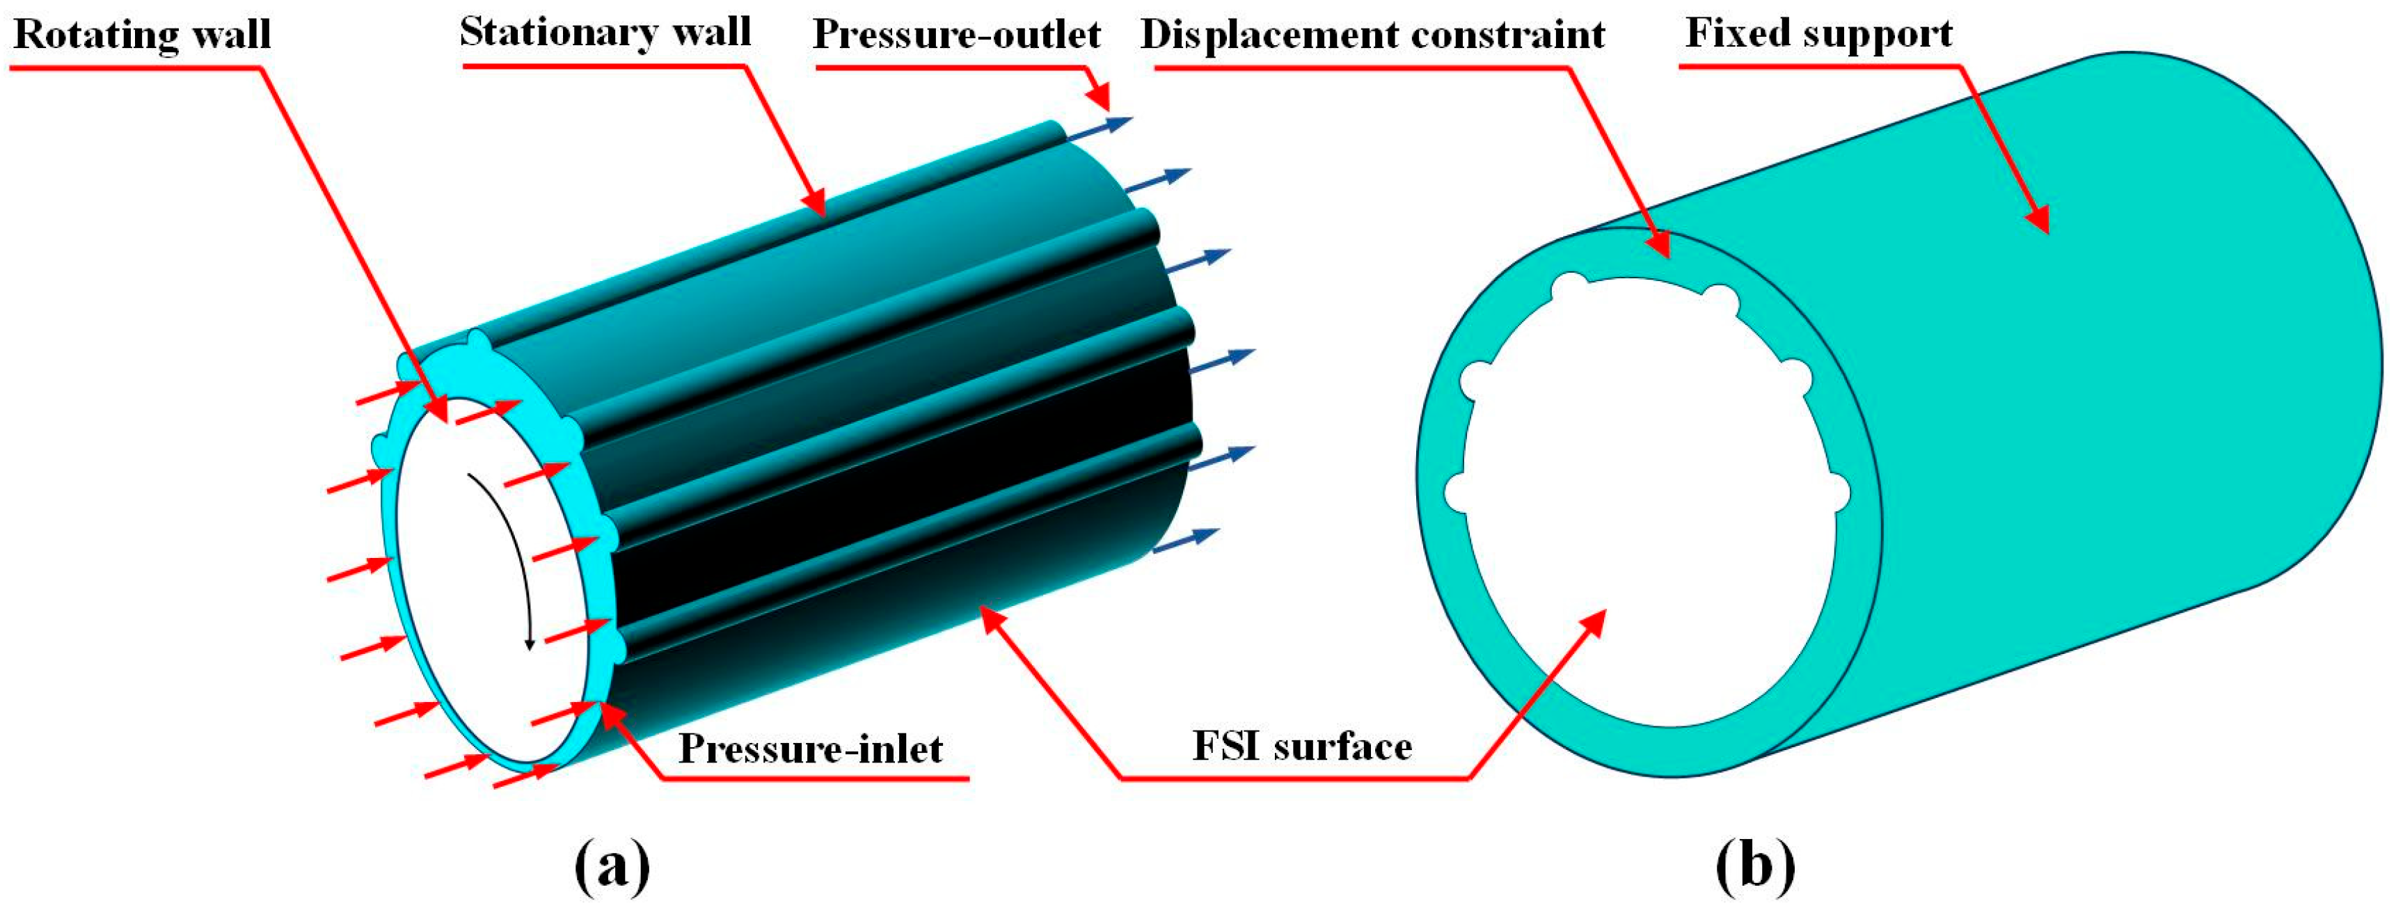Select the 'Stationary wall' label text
tap(605, 33)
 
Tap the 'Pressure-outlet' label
tap(957, 34)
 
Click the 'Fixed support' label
tap(1818, 33)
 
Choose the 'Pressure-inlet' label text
tap(810, 749)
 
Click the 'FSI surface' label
tap(1302, 747)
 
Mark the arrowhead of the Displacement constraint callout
tap(1660, 246)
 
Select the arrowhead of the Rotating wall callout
tap(439, 410)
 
